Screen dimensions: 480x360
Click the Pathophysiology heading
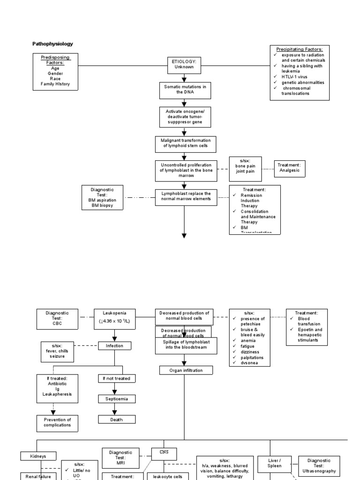(x=52, y=44)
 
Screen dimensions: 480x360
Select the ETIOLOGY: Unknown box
(x=184, y=65)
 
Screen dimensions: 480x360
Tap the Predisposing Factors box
(x=55, y=71)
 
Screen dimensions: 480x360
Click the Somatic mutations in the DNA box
(x=185, y=90)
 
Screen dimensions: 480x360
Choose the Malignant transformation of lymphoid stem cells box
(x=184, y=143)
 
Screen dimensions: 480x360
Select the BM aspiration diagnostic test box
(x=102, y=197)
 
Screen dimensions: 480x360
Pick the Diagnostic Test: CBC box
(x=57, y=318)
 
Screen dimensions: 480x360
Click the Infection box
(x=115, y=346)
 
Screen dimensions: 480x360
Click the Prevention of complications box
(x=57, y=422)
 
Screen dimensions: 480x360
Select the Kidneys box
(x=39, y=456)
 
